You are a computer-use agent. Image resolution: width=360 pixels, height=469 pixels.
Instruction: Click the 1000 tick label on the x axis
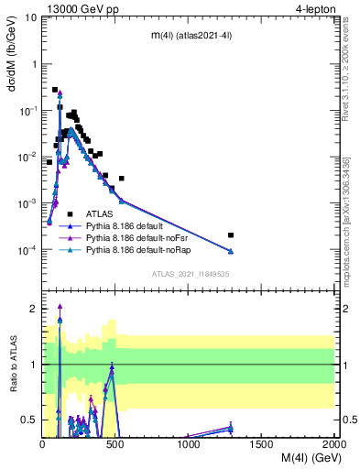189,443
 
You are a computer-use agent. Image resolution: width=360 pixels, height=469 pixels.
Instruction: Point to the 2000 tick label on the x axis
334,443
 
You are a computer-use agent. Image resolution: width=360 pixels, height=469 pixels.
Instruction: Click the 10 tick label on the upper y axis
30,17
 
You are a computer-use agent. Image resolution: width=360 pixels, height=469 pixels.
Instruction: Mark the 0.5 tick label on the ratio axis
28,420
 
